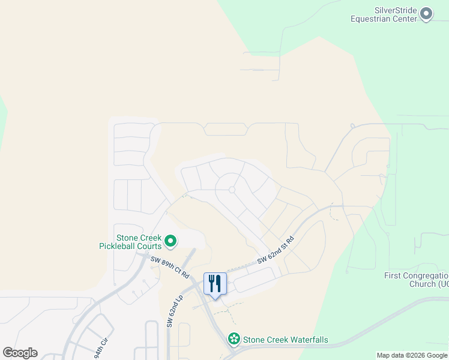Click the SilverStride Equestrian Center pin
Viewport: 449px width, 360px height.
coord(426,13)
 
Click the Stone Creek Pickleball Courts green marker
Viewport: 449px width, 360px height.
coord(170,241)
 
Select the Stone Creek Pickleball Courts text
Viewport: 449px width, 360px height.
coord(131,242)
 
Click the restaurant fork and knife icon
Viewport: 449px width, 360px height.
coord(215,283)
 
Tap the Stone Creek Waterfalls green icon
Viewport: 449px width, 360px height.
coord(234,340)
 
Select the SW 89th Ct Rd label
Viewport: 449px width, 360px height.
coord(170,268)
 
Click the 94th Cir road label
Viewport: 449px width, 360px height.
coord(100,349)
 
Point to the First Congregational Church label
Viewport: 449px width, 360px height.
coord(417,280)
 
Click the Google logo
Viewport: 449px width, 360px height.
coord(20,353)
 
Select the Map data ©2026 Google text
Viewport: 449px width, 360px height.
coord(411,355)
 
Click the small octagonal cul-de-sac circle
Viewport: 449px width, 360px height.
coord(232,190)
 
